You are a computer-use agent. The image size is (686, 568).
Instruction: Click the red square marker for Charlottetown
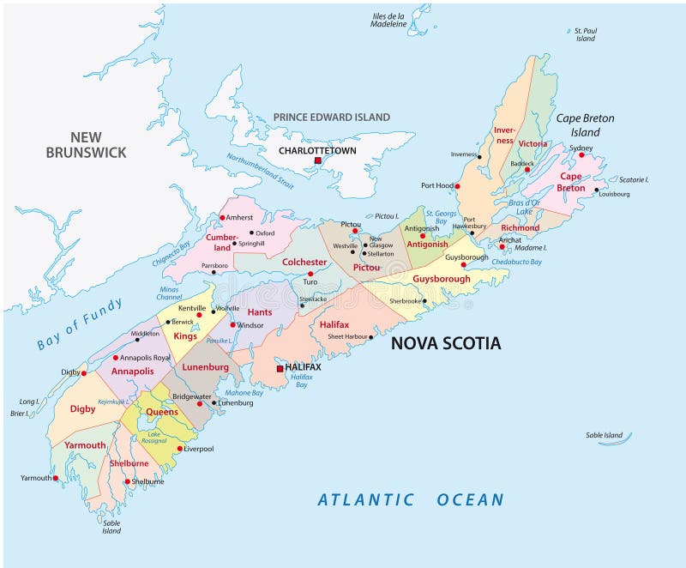tap(317, 160)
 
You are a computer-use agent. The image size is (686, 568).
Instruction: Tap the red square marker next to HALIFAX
tap(279, 368)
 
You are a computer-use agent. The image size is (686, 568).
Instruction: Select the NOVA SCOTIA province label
tap(445, 343)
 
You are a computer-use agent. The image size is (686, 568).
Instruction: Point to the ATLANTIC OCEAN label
tap(410, 499)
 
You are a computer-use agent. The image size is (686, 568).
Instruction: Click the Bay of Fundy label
tap(81, 324)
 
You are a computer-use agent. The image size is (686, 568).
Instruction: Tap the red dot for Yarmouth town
tap(56, 478)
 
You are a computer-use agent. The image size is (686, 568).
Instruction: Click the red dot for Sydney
tap(581, 154)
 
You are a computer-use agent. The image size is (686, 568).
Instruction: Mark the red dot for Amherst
tap(221, 217)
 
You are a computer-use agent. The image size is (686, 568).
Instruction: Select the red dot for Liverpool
tap(179, 448)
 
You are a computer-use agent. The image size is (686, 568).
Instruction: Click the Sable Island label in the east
tap(605, 435)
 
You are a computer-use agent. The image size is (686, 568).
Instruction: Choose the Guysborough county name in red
tap(441, 279)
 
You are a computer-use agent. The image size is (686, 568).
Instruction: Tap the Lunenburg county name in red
tap(205, 366)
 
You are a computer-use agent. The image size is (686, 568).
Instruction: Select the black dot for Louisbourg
tap(596, 189)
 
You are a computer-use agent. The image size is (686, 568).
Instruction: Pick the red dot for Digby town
tap(83, 373)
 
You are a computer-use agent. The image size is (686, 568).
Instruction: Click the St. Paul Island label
tap(586, 34)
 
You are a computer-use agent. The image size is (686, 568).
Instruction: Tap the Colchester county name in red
tap(304, 262)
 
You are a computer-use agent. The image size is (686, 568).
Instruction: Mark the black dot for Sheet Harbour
tap(370, 337)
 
